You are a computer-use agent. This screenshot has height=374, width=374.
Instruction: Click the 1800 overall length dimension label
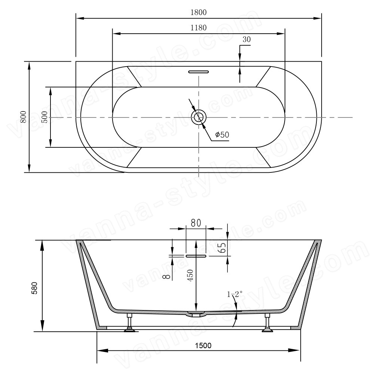tap(199, 12)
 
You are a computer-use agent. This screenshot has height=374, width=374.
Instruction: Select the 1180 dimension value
tap(199, 28)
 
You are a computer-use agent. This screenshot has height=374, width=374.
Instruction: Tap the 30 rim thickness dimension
tap(246, 39)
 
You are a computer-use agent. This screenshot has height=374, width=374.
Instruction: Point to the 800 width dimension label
tap(23, 117)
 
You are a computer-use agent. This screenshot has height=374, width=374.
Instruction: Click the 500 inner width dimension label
tap(45, 117)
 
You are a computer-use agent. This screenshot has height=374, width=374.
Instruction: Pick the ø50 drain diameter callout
tap(222, 135)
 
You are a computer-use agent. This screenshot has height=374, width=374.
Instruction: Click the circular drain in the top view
tap(199, 117)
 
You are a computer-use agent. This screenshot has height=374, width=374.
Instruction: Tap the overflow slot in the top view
tap(199, 71)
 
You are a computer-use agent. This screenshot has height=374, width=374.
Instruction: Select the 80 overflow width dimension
tap(196, 223)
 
